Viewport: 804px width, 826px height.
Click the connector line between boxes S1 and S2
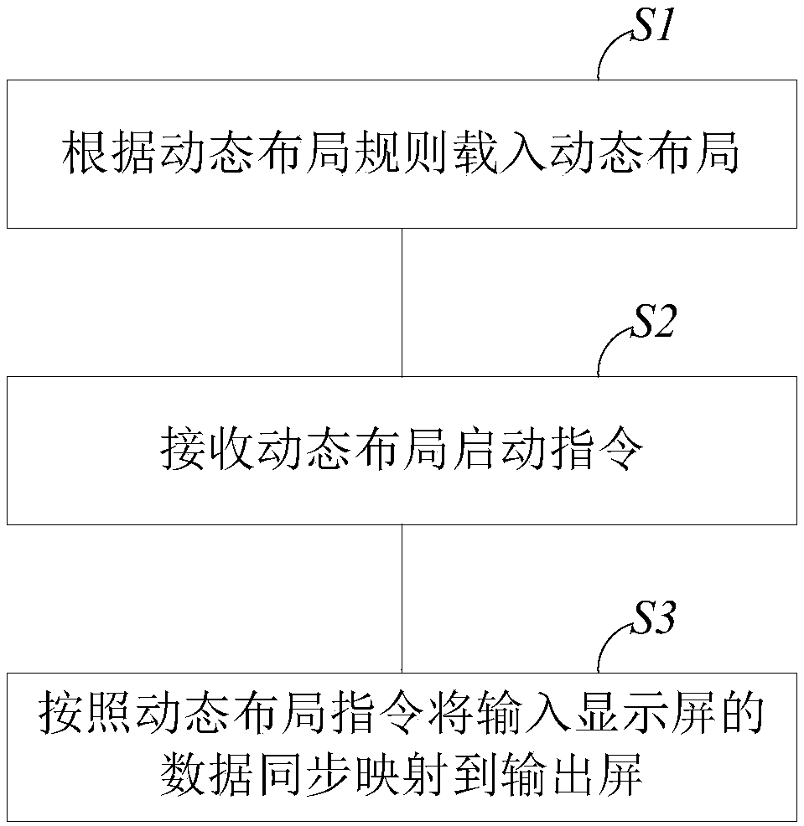tap(402, 302)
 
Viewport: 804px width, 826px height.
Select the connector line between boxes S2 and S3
tap(402, 598)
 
